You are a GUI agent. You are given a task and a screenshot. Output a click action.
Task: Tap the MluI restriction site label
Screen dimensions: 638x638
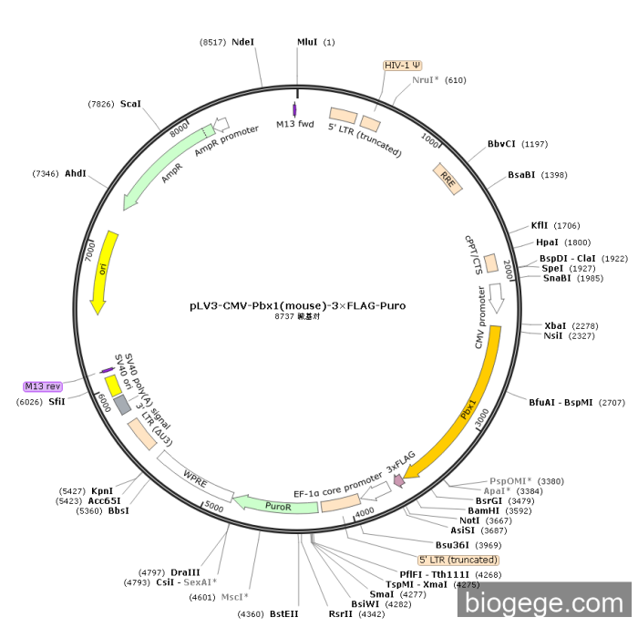point(308,42)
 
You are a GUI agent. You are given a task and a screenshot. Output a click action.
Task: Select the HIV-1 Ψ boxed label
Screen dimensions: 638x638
point(402,66)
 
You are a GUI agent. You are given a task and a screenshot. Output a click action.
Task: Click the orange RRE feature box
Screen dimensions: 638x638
point(447,177)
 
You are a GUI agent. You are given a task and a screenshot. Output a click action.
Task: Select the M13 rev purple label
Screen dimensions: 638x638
point(42,386)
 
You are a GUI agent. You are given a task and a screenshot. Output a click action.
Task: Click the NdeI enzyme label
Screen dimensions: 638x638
point(243,42)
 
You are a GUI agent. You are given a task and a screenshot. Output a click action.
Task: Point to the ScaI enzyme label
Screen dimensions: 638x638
point(130,104)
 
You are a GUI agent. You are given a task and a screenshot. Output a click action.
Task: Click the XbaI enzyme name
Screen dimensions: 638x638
point(555,325)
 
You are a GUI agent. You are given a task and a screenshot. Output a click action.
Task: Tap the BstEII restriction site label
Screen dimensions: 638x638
point(284,614)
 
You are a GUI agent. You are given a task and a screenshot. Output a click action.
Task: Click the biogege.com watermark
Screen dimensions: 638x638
point(544,603)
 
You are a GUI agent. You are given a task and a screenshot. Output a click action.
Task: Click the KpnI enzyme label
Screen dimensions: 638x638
point(101,490)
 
